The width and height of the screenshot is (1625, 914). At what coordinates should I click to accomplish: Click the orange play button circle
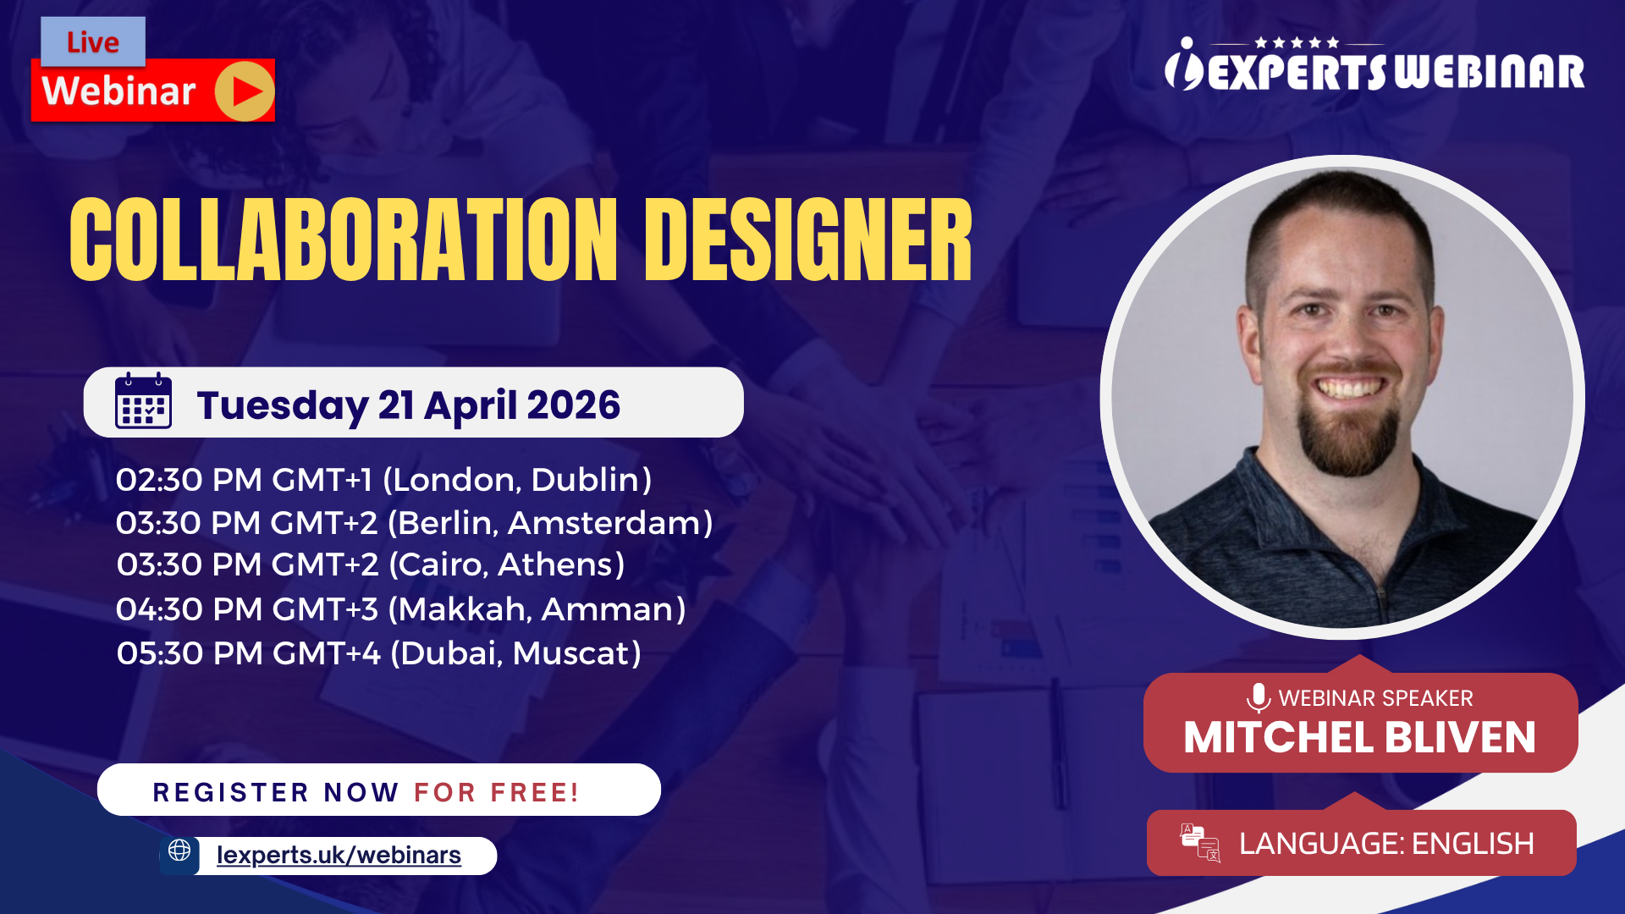(244, 91)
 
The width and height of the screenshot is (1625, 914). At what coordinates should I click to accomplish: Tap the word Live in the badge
(93, 42)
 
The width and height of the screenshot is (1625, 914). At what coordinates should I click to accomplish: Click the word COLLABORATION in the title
(344, 240)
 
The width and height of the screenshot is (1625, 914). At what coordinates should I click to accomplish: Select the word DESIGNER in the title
(808, 240)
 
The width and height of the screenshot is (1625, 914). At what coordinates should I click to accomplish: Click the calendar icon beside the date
(143, 401)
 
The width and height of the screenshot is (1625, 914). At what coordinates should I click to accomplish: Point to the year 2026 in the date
(573, 405)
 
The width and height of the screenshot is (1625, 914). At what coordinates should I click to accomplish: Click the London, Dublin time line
(383, 480)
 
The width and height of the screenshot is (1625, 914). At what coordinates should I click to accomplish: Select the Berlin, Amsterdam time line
(414, 523)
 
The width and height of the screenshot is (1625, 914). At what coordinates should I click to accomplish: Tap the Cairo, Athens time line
(371, 564)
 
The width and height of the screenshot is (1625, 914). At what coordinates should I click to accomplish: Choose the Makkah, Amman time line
(400, 609)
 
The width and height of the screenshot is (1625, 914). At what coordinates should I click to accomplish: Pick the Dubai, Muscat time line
(378, 653)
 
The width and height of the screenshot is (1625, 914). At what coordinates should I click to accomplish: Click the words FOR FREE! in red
(496, 793)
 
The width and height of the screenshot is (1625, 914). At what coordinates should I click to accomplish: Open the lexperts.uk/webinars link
(339, 856)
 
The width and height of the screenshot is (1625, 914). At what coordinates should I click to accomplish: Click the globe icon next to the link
(179, 851)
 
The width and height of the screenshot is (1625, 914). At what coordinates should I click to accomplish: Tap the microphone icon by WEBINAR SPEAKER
(1259, 697)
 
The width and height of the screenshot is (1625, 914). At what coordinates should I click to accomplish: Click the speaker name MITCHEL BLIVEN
(1359, 738)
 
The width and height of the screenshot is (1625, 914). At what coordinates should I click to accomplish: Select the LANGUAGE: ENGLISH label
(1386, 844)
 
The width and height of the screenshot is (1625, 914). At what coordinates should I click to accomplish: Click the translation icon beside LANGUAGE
(1200, 843)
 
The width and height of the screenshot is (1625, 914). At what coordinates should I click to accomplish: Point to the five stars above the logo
(1297, 42)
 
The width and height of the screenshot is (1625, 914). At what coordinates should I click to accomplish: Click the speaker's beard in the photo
(1348, 436)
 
